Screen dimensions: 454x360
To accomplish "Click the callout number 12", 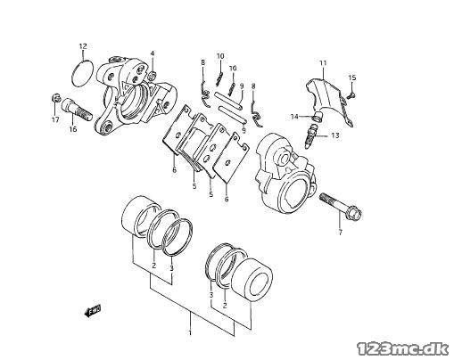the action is (x=83, y=46).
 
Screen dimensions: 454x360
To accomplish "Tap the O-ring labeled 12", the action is (x=73, y=74).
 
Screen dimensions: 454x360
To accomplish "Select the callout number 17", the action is (x=55, y=119).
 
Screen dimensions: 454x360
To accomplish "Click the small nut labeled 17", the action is (x=55, y=97).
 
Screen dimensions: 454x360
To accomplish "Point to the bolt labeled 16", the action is (x=77, y=110).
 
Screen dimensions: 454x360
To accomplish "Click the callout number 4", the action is (x=153, y=53).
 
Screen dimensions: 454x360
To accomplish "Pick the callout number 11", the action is (x=323, y=63).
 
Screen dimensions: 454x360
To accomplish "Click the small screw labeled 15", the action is (x=351, y=95).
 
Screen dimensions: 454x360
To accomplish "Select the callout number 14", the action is (x=294, y=117).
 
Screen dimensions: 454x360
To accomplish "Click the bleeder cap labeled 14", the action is (x=318, y=117).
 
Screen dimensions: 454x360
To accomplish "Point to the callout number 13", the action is (x=335, y=135).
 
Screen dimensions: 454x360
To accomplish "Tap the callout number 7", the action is (x=340, y=233).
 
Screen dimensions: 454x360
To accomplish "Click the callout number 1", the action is (x=190, y=333).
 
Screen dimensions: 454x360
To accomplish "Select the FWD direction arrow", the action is (x=92, y=311).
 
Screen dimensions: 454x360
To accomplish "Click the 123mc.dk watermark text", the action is (x=403, y=349).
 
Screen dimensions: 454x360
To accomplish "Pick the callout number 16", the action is (x=73, y=129).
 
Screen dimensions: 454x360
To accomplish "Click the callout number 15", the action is (x=352, y=78).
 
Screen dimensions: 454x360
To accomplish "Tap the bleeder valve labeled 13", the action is (x=310, y=135).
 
